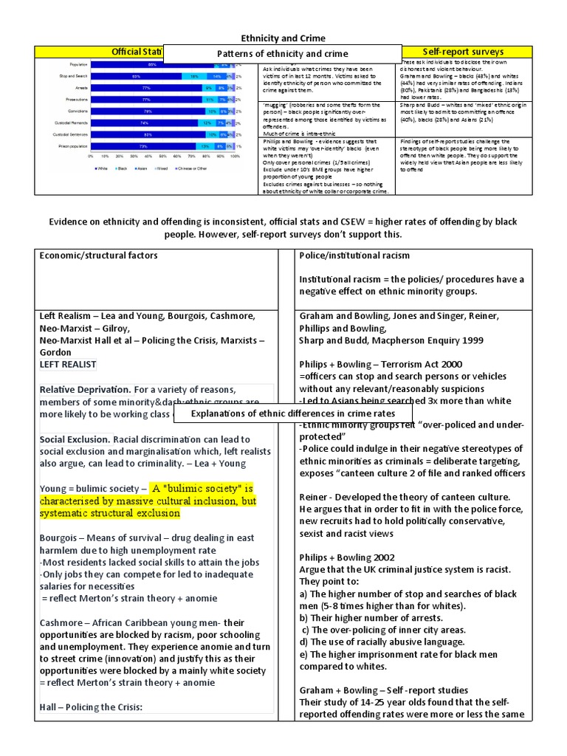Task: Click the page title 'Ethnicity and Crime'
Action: point(283,38)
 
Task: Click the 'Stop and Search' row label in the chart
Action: point(72,76)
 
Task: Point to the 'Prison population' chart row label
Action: point(70,146)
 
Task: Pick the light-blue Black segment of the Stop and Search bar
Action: point(193,76)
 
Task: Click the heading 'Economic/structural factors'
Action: point(98,255)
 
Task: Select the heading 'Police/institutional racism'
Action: point(354,255)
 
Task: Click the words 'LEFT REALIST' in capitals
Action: point(68,365)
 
